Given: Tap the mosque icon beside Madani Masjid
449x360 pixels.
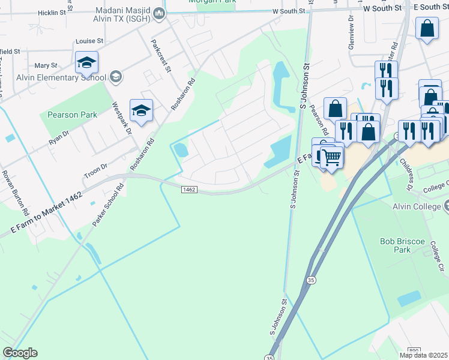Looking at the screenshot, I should (159, 13).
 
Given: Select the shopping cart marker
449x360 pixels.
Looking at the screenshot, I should (331, 158).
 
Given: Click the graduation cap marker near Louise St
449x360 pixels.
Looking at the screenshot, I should (87, 62).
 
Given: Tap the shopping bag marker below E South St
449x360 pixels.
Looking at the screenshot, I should (427, 29).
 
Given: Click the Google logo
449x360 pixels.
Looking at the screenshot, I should (20, 353).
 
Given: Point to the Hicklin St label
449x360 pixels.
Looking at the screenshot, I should (52, 12).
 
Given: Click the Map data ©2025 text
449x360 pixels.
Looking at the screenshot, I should (423, 355).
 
